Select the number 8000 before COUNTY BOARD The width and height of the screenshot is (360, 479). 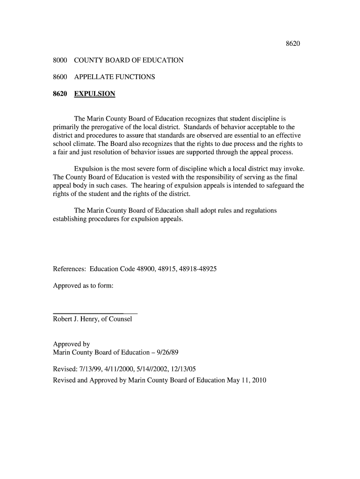pos(60,60)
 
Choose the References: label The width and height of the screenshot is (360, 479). pos(69,269)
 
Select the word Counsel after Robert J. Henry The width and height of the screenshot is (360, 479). pos(121,319)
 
